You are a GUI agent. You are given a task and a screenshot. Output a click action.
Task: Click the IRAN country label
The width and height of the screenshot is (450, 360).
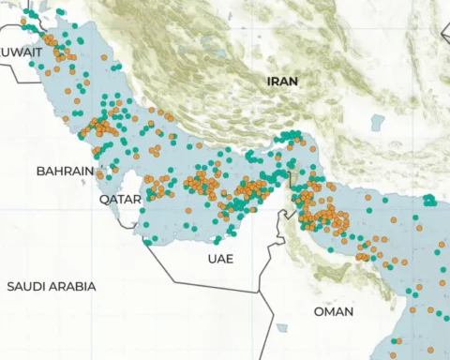click(x=282, y=82)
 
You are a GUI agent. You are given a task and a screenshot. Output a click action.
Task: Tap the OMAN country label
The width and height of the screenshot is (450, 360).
click(x=335, y=311)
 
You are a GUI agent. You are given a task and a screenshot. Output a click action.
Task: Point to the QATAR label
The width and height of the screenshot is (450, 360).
click(x=121, y=200)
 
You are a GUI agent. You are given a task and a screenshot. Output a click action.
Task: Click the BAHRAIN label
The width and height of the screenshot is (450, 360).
click(x=65, y=172)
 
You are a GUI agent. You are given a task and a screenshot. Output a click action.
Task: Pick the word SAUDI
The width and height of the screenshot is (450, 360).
click(x=28, y=286)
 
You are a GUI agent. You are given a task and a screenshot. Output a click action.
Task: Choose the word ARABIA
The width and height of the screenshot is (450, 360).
click(x=74, y=286)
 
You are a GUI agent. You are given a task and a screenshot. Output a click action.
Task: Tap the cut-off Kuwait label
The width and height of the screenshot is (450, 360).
click(x=21, y=52)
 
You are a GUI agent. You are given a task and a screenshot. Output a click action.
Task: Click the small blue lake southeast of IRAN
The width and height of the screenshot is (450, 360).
click(x=377, y=122)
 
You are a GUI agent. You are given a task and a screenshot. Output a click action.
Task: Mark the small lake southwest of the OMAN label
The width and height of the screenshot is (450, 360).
click(x=281, y=329)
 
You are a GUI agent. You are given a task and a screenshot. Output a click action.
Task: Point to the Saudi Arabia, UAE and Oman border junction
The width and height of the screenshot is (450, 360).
click(x=259, y=292)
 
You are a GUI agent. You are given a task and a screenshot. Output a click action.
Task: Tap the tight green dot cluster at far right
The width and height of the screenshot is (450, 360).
click(x=429, y=200)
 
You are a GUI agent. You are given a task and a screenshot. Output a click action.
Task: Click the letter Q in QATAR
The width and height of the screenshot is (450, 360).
click(x=105, y=200)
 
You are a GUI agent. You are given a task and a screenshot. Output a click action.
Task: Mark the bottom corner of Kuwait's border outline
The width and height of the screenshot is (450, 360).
click(x=41, y=80)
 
